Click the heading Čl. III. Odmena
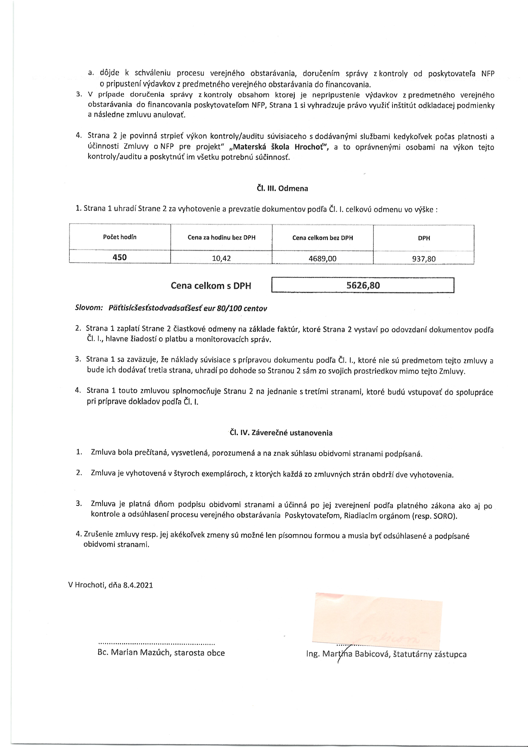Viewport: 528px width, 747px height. [x=282, y=188]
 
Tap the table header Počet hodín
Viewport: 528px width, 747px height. [x=120, y=237]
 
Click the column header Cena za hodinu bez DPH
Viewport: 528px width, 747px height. [x=221, y=237]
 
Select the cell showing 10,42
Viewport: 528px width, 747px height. [x=221, y=258]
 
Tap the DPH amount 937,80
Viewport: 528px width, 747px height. [x=424, y=259]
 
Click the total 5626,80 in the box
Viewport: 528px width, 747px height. [x=363, y=285]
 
